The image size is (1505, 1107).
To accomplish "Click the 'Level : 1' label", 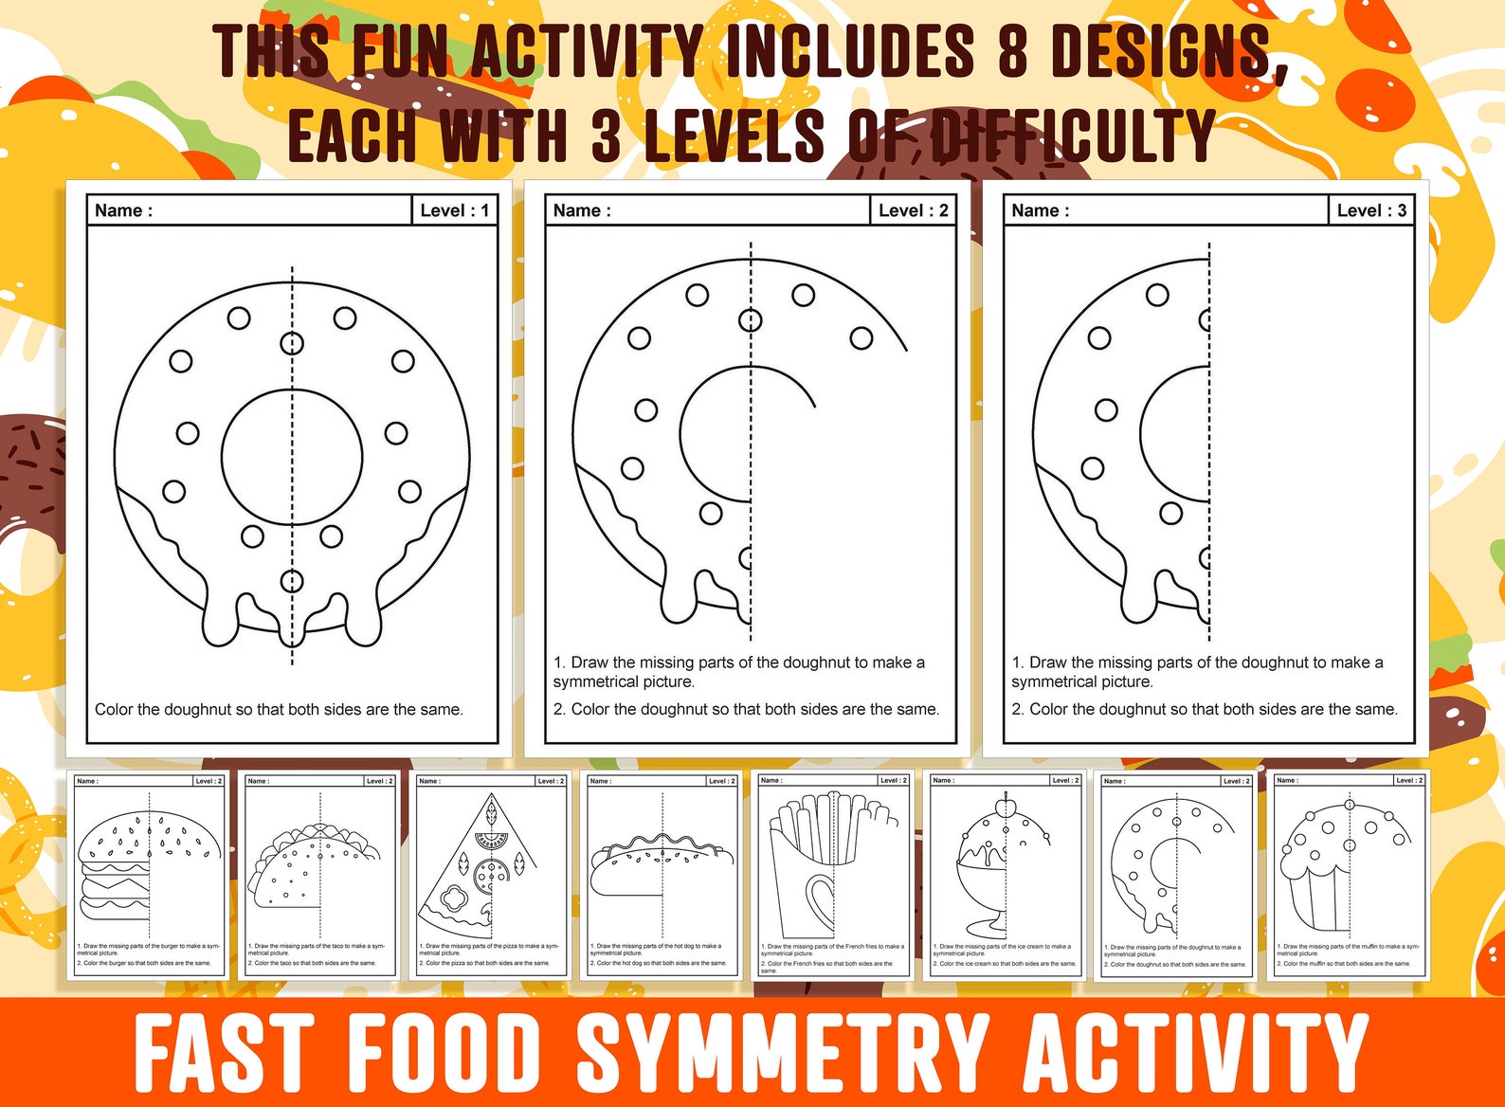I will pos(455,210).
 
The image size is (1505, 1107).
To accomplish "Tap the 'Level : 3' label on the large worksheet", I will pos(1371,210).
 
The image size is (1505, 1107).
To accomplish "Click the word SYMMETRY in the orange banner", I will pos(783,1052).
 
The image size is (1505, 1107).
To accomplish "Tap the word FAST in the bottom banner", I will pos(224,1052).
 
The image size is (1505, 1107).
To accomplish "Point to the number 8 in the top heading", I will pos(1012,51).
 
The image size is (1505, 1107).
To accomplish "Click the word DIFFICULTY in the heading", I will pos(1071,136).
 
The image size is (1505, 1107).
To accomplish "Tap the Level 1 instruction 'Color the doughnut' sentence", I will pos(279,709).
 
